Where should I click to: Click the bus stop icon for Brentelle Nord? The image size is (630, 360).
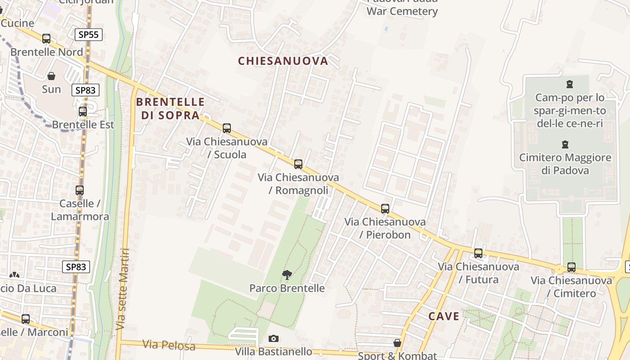(x=46, y=39)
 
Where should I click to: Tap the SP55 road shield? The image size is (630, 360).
(x=89, y=35)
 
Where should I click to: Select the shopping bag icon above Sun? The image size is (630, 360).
(x=51, y=76)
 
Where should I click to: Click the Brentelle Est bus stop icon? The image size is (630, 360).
(x=83, y=112)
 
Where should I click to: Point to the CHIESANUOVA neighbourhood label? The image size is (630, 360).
(x=283, y=61)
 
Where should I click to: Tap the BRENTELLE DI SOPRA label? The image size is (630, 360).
(x=170, y=108)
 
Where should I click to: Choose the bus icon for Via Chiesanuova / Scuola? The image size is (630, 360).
(x=227, y=128)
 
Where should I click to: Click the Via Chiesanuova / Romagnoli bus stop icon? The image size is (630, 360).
(x=298, y=164)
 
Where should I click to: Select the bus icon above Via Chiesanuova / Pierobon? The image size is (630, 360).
(x=385, y=209)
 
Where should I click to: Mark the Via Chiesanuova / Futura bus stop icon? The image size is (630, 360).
(x=478, y=253)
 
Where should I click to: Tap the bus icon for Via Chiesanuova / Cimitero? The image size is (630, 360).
(x=571, y=267)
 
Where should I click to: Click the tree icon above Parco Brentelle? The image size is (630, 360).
(x=287, y=274)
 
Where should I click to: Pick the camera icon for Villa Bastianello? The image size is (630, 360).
(x=274, y=338)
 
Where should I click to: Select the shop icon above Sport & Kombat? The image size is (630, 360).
(x=397, y=343)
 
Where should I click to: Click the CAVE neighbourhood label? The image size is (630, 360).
(x=444, y=316)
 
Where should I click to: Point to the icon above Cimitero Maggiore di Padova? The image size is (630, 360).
(x=565, y=144)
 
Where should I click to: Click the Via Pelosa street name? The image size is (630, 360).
(x=169, y=345)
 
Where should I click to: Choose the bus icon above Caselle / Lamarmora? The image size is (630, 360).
(x=80, y=190)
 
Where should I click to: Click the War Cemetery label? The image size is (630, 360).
(x=402, y=11)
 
